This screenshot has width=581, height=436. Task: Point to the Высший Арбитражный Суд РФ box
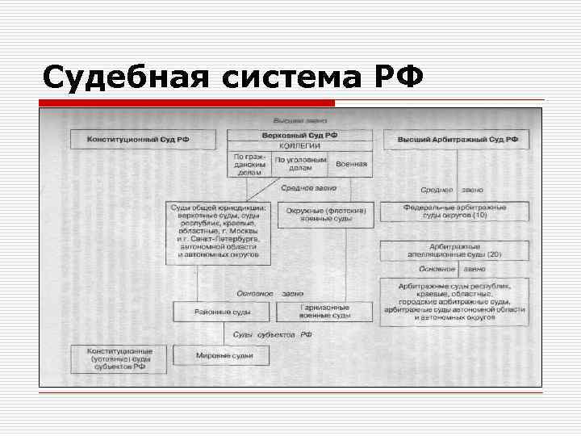point(458,140)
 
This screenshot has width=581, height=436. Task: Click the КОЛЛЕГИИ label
point(299,145)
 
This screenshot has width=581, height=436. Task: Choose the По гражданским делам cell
point(249,164)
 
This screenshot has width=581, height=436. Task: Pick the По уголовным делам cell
point(300,164)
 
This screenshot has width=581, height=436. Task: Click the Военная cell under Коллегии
point(351,164)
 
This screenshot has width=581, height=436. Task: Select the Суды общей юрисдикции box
point(214,233)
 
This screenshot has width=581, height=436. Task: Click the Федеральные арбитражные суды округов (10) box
point(456,212)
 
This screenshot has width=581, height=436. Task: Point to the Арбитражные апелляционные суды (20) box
point(454,249)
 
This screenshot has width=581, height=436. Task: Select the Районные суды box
point(222,312)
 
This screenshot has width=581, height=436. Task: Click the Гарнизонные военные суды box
point(324,312)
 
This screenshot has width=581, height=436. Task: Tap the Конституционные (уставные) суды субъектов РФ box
point(118,359)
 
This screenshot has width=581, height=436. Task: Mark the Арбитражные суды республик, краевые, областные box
point(455,301)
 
